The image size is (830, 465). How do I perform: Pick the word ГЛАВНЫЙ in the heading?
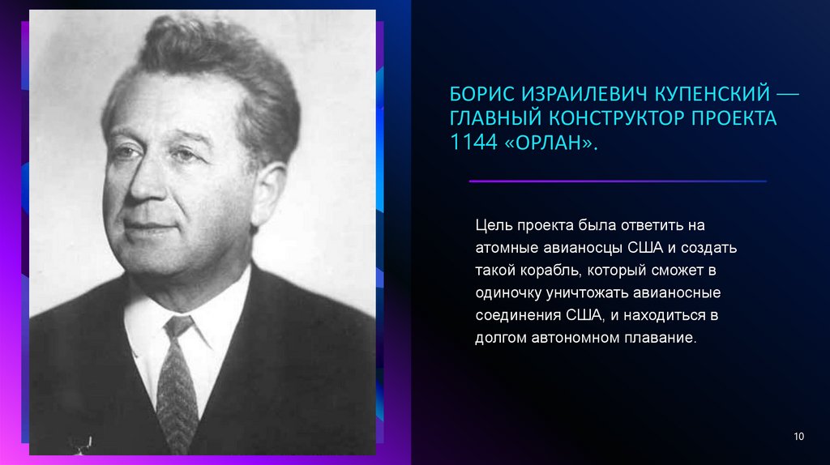(x=494, y=120)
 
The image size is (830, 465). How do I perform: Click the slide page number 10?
(x=798, y=437)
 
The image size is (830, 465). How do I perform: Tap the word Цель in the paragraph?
(x=493, y=224)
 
